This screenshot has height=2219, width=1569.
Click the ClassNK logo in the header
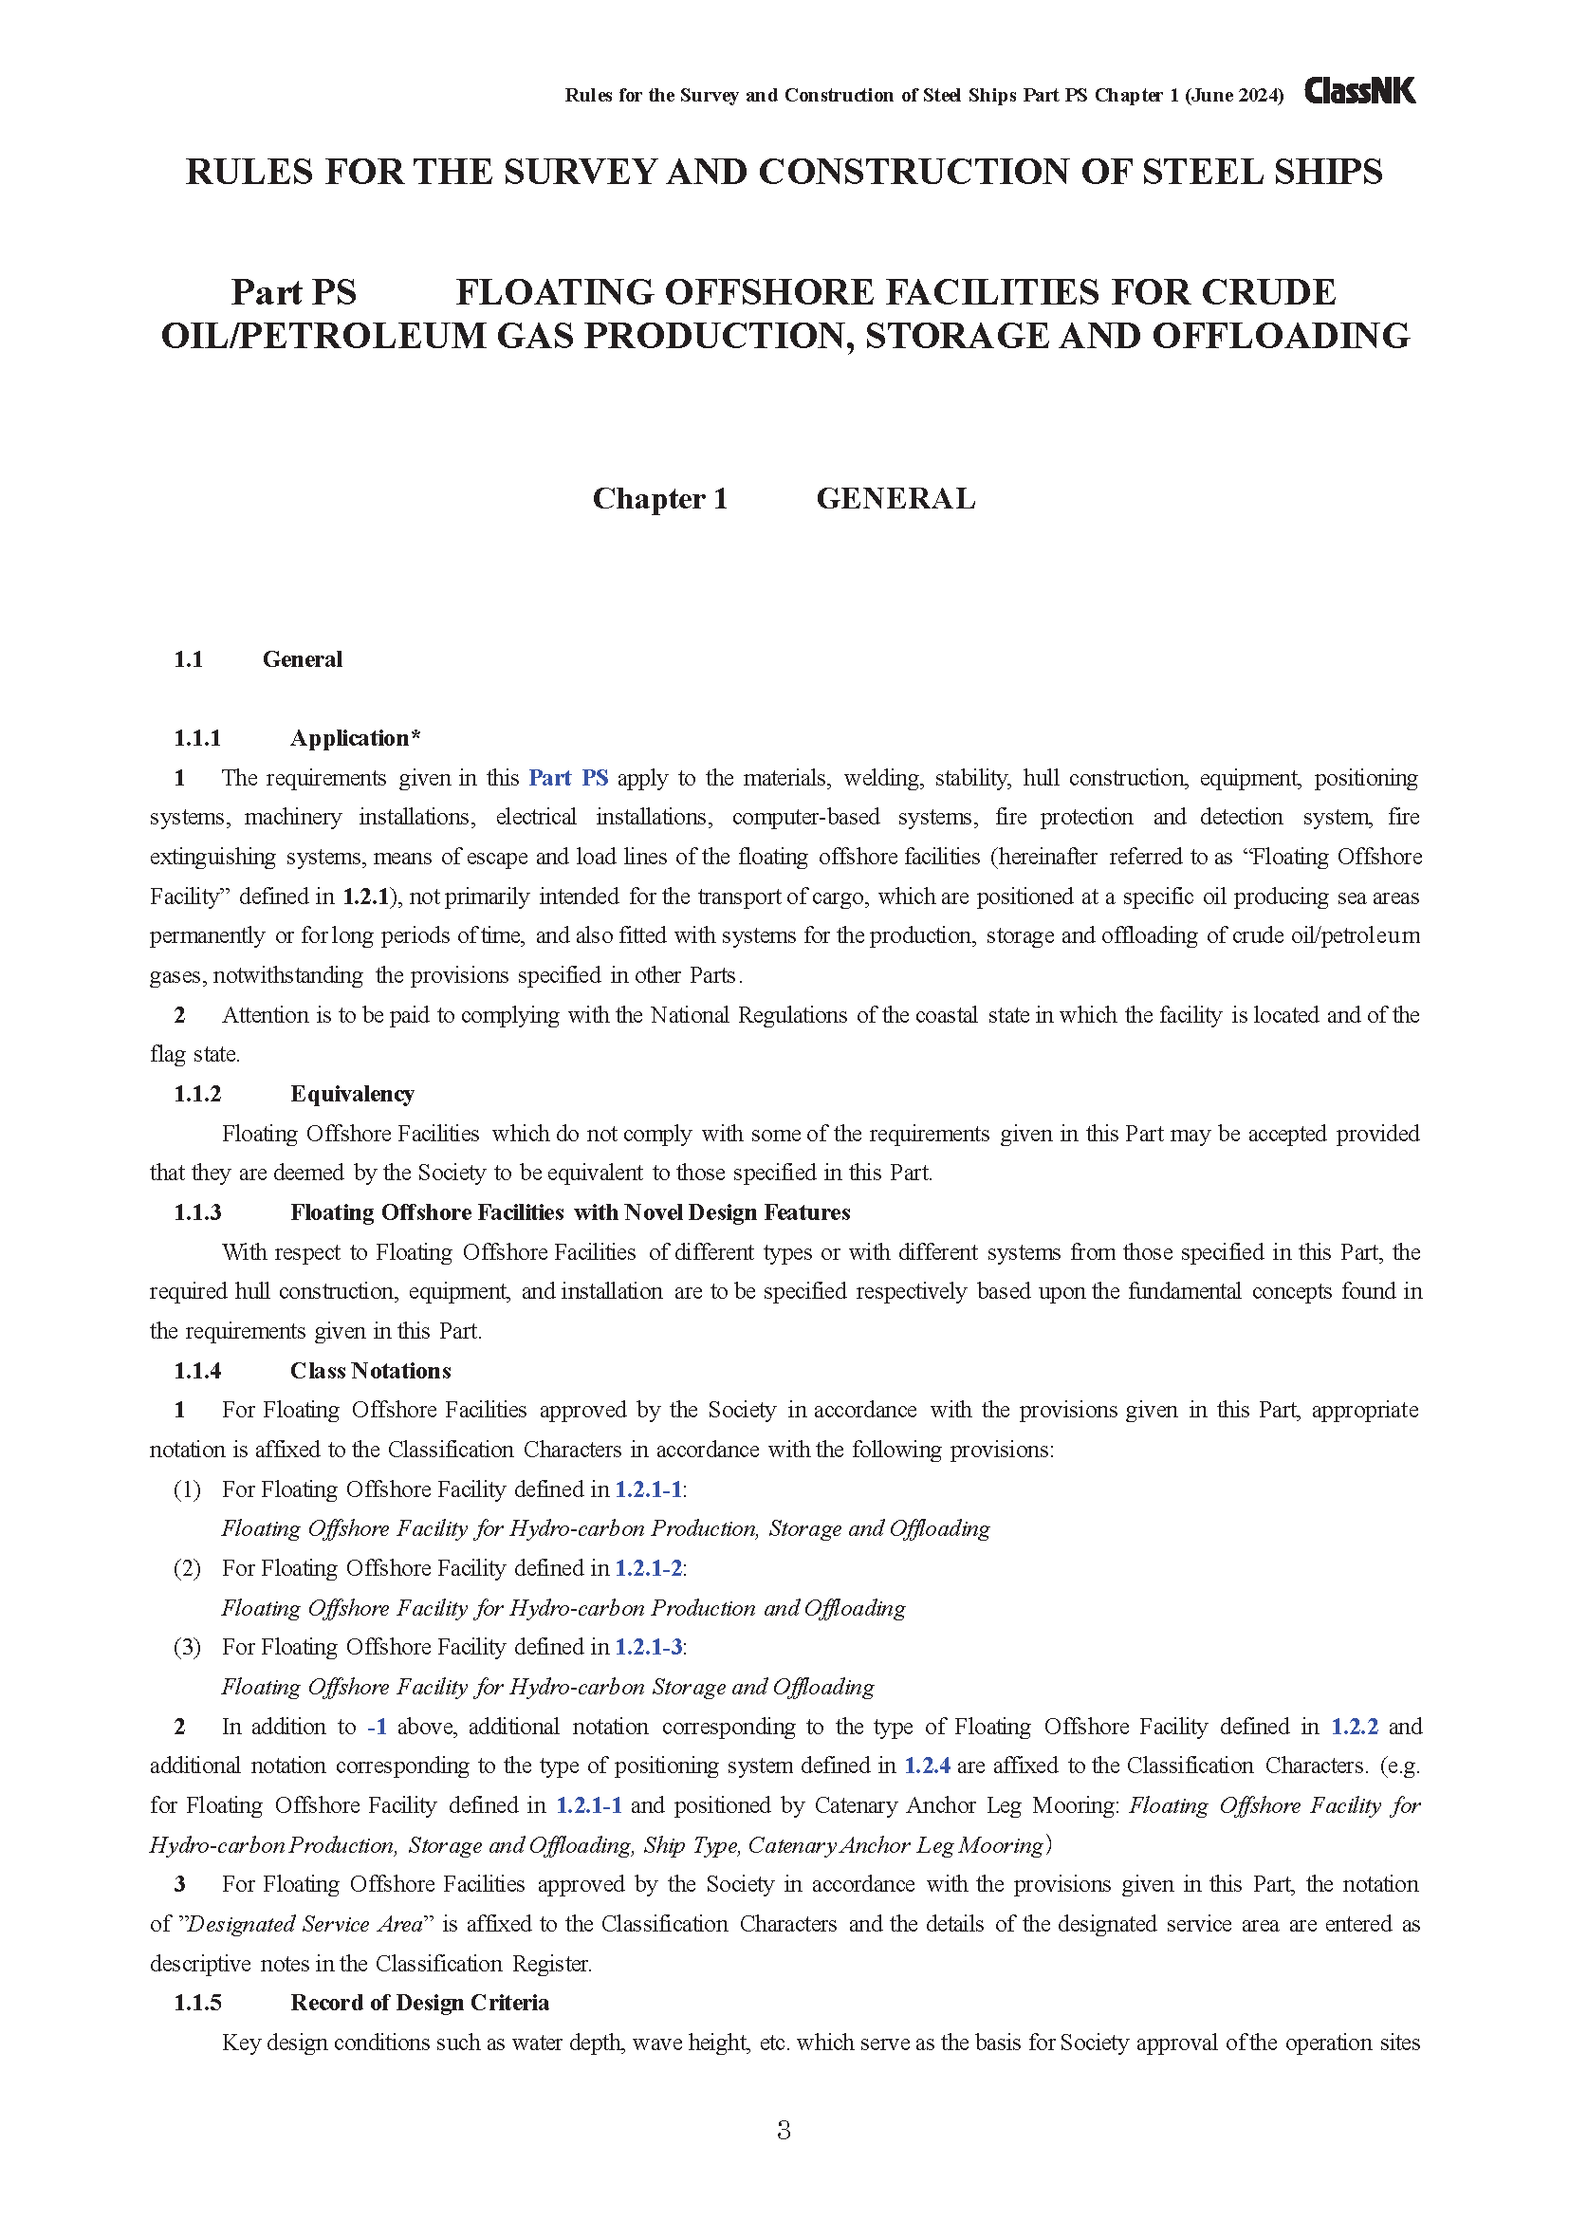point(1359,92)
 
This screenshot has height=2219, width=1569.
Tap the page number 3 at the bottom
point(784,2129)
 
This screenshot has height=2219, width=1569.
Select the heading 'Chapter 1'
point(659,499)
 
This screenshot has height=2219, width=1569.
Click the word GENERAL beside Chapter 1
point(895,499)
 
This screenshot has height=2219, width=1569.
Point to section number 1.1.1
point(197,738)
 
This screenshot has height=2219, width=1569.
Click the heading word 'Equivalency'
point(352,1094)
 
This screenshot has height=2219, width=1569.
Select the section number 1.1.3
point(197,1213)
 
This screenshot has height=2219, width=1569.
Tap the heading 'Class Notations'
point(370,1371)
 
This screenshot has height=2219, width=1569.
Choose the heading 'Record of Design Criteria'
point(419,2003)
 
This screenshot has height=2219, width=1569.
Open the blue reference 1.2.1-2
point(648,1567)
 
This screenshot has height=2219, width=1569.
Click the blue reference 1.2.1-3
point(648,1647)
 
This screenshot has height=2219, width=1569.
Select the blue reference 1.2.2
point(1355,1726)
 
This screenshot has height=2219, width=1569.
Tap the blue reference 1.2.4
point(927,1766)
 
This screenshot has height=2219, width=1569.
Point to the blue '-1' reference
point(377,1726)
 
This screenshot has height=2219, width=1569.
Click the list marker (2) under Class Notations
point(187,1567)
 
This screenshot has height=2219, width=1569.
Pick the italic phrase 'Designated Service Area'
point(305,1924)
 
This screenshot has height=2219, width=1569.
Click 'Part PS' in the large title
point(294,292)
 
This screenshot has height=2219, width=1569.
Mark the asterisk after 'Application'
point(415,737)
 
